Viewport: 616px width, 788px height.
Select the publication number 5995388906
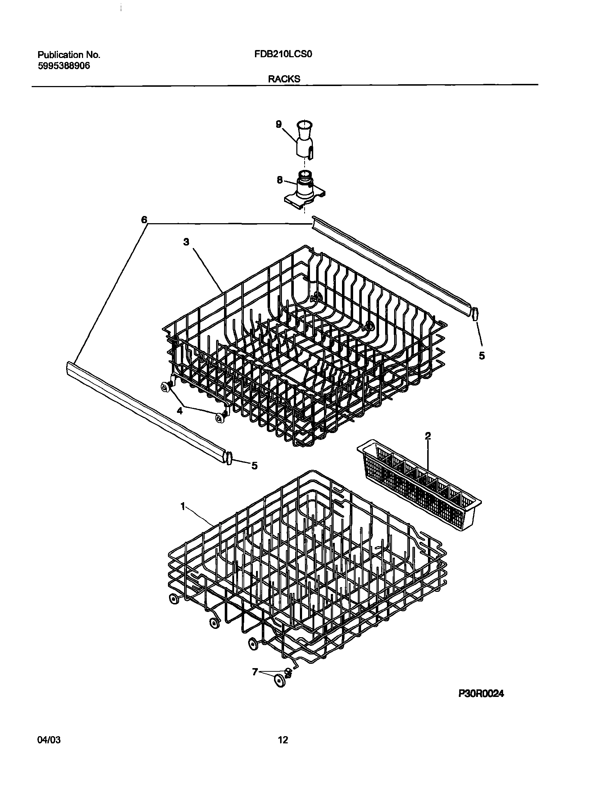pos(64,66)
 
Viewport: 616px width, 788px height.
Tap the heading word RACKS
pos(284,79)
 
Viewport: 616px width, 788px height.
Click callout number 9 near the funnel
pos(278,124)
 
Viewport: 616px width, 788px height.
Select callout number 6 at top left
pos(144,220)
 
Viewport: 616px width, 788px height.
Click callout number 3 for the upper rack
pos(186,242)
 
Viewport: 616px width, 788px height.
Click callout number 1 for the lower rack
pos(183,507)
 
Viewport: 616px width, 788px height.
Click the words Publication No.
pos(69,55)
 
